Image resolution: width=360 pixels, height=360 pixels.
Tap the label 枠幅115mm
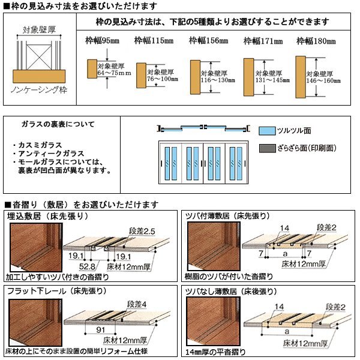click(151, 41)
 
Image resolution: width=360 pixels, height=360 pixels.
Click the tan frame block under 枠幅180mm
click(301, 76)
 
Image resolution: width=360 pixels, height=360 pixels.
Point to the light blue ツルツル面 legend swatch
click(267, 130)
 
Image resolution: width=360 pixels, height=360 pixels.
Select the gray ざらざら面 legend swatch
click(267, 147)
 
